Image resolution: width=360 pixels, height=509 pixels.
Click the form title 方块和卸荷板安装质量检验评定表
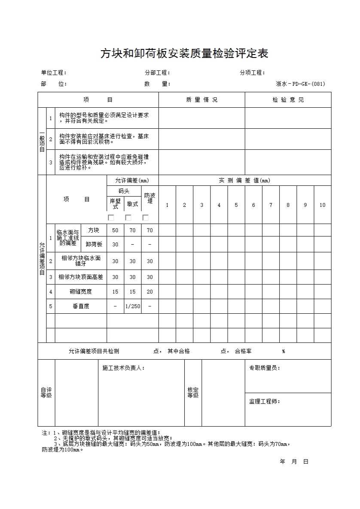point(184,54)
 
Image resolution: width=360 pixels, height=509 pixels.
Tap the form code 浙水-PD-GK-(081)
point(300,84)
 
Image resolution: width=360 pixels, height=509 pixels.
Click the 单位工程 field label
point(54,73)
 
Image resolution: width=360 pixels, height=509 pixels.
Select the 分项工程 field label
point(252,73)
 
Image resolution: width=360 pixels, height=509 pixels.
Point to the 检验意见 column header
point(288,100)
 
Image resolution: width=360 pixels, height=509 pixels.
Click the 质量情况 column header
point(201,100)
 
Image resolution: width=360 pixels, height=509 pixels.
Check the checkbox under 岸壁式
point(111,218)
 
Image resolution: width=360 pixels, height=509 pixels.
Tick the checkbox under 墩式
point(128,218)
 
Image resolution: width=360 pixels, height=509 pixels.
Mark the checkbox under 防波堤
point(145,218)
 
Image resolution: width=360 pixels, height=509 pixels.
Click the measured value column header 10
point(322,205)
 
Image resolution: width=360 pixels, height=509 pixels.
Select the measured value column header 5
point(236,205)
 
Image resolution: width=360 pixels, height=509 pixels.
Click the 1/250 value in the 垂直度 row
point(132,306)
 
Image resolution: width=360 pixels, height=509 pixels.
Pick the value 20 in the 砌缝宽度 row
point(149,291)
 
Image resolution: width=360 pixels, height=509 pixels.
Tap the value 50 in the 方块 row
point(115,230)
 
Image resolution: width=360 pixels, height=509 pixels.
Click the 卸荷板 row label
point(94,244)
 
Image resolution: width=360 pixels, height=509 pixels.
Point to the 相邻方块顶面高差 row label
point(81,277)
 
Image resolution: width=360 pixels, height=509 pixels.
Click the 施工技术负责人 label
point(124,368)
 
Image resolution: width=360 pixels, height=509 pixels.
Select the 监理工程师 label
point(265,401)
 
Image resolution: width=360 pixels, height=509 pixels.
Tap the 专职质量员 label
point(265,368)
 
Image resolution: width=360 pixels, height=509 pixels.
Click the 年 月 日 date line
point(294,461)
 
